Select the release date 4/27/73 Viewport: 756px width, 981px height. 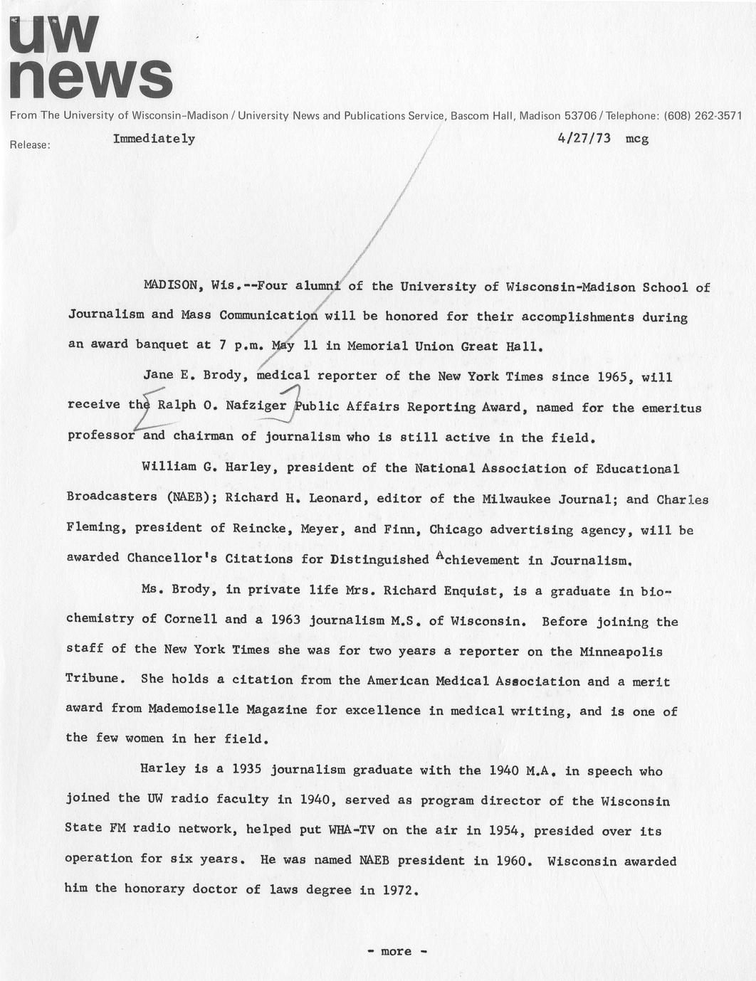click(x=584, y=139)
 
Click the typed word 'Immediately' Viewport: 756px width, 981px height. click(x=154, y=139)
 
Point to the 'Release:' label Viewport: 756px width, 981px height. click(x=30, y=144)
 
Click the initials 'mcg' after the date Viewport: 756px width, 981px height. click(x=637, y=139)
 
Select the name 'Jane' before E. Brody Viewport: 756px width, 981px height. click(x=159, y=376)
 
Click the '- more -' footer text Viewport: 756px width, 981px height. click(x=397, y=951)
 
